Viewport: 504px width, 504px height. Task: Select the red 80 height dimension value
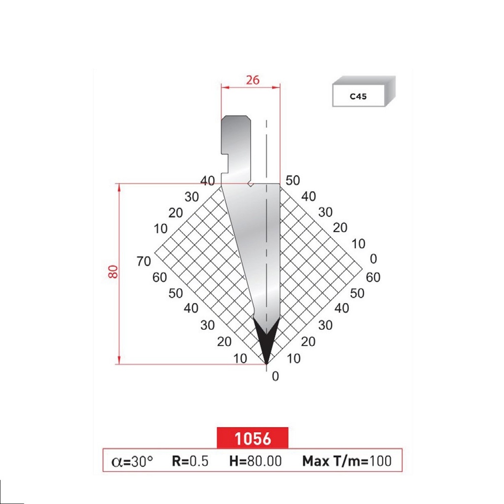[x=114, y=271]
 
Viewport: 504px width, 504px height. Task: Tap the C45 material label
[x=358, y=97]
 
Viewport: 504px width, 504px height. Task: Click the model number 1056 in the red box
[x=252, y=438]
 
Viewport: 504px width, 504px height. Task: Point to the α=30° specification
[x=132, y=461]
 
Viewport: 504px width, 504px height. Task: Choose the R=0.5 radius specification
[x=190, y=461]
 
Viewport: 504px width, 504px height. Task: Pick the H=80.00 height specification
[x=255, y=461]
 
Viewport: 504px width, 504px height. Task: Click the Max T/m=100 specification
[x=346, y=461]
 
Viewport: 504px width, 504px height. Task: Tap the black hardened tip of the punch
[x=266, y=342]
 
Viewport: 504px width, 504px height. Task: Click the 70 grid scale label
[x=144, y=262]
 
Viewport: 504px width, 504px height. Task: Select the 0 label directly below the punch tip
[x=275, y=377]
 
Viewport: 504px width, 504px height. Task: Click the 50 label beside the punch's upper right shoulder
[x=292, y=181]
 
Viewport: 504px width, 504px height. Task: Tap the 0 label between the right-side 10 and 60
[x=373, y=258]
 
